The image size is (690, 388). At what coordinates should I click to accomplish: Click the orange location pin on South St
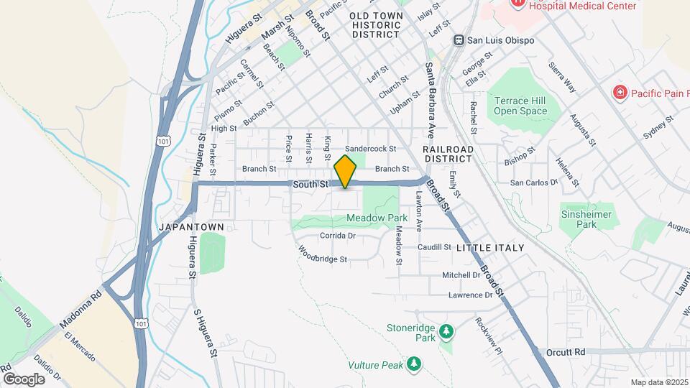pyautogui.click(x=346, y=172)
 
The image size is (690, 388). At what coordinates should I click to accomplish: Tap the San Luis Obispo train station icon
pyautogui.click(x=458, y=40)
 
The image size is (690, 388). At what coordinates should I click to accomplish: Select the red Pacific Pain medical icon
pyautogui.click(x=618, y=92)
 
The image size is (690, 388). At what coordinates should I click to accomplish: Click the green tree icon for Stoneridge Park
pyautogui.click(x=447, y=331)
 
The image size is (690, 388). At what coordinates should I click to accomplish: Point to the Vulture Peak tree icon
pyautogui.click(x=413, y=364)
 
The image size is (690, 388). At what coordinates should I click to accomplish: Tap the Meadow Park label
pyautogui.click(x=377, y=218)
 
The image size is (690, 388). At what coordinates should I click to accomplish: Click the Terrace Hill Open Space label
pyautogui.click(x=520, y=106)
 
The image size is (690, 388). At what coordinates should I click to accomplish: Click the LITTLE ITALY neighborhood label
pyautogui.click(x=490, y=247)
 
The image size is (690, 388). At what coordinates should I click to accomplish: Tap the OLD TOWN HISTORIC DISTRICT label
pyautogui.click(x=374, y=24)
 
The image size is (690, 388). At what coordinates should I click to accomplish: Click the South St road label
pyautogui.click(x=310, y=185)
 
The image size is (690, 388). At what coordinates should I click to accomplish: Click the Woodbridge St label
pyautogui.click(x=323, y=254)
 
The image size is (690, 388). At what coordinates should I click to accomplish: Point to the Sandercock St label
pyautogui.click(x=371, y=149)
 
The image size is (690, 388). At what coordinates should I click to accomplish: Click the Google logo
pyautogui.click(x=23, y=379)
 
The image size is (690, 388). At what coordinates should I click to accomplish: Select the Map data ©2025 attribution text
pyautogui.click(x=658, y=382)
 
